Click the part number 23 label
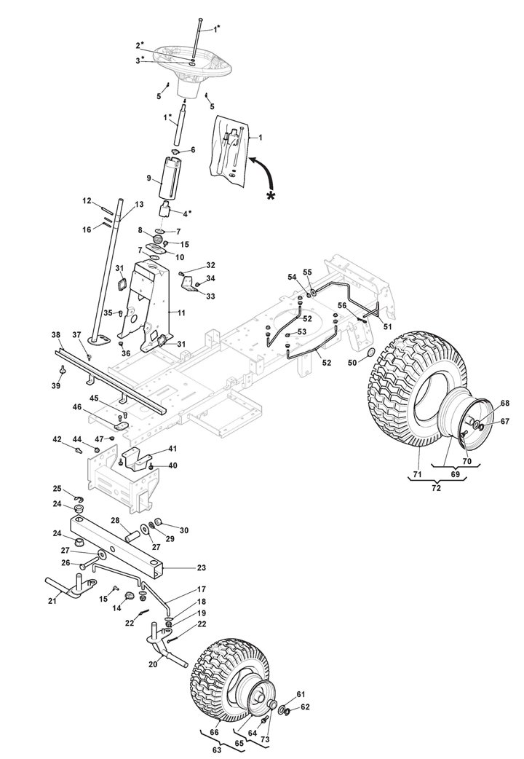click(202, 567)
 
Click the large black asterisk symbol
click(271, 196)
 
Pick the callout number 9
click(149, 178)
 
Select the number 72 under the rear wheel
click(436, 488)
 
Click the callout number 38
click(56, 334)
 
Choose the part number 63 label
click(216, 750)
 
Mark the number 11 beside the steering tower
click(181, 313)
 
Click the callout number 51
click(388, 326)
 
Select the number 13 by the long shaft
click(139, 205)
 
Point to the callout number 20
click(153, 664)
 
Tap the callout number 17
click(202, 589)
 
